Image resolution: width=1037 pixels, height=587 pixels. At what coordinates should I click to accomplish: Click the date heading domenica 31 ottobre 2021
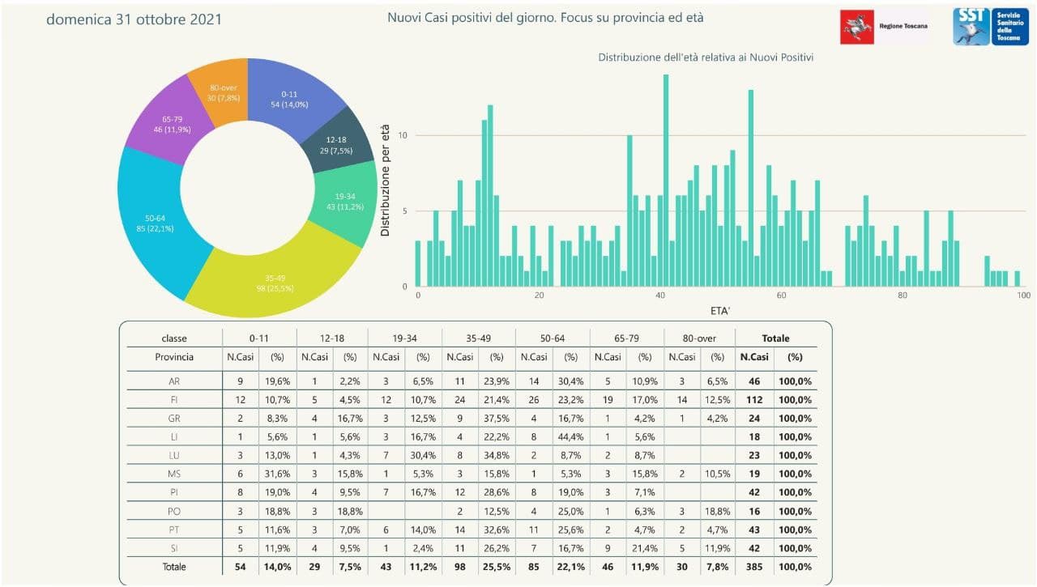click(134, 19)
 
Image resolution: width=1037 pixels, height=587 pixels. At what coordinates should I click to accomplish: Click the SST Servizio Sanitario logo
click(990, 27)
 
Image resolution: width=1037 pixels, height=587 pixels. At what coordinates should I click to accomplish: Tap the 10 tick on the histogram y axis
click(403, 135)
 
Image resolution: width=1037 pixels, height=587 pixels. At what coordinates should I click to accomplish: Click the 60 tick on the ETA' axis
click(781, 296)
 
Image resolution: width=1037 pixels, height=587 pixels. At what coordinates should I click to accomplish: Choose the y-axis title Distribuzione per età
click(386, 180)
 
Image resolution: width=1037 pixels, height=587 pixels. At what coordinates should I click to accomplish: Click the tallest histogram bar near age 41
click(666, 181)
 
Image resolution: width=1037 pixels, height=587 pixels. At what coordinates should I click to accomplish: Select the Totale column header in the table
click(775, 338)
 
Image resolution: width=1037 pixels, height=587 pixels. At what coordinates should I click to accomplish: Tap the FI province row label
click(174, 399)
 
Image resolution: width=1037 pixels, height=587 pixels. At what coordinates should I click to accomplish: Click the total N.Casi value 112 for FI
click(755, 399)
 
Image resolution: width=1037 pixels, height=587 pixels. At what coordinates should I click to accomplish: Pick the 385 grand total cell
click(755, 567)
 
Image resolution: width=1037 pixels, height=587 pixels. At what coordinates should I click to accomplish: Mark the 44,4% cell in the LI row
click(570, 436)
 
